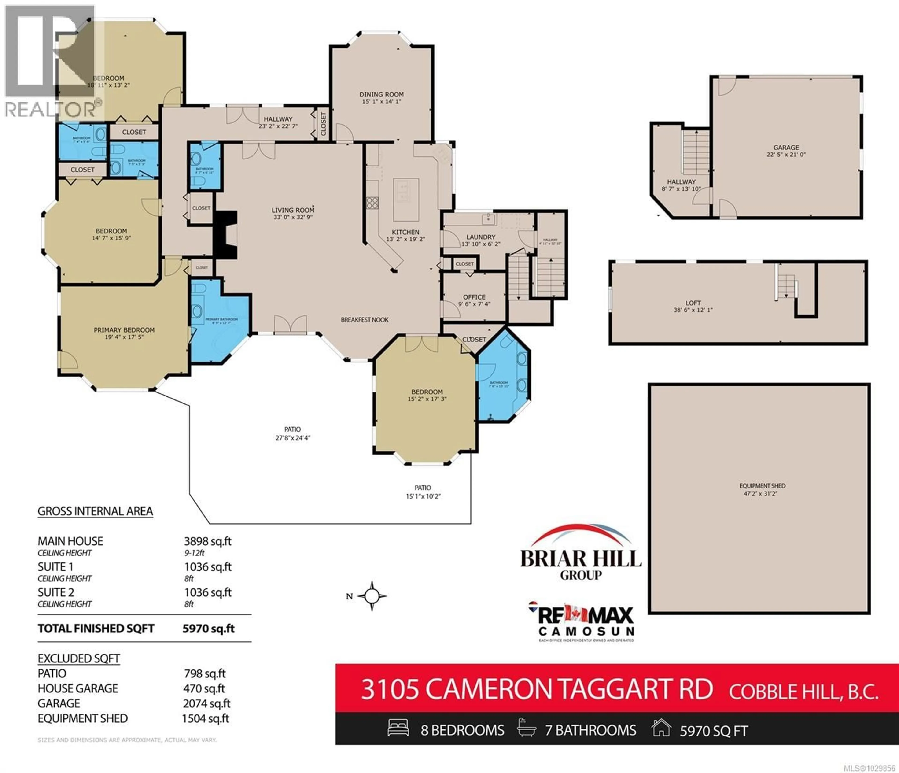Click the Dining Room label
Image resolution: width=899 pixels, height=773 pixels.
coord(381,94)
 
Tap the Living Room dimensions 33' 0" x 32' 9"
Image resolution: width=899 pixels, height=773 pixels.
coord(293,217)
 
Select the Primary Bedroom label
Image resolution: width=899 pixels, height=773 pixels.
coord(124,330)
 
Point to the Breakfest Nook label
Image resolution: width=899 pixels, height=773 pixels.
coord(365,320)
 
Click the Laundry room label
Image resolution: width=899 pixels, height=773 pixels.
coord(481,237)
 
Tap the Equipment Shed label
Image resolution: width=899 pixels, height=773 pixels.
coord(762,486)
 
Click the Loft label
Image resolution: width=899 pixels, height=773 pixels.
coord(693,303)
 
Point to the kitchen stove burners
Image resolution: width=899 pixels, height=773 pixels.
coord(372,203)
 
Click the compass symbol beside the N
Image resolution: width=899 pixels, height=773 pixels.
coord(372,596)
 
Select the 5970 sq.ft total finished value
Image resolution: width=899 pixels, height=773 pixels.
coord(208,629)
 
